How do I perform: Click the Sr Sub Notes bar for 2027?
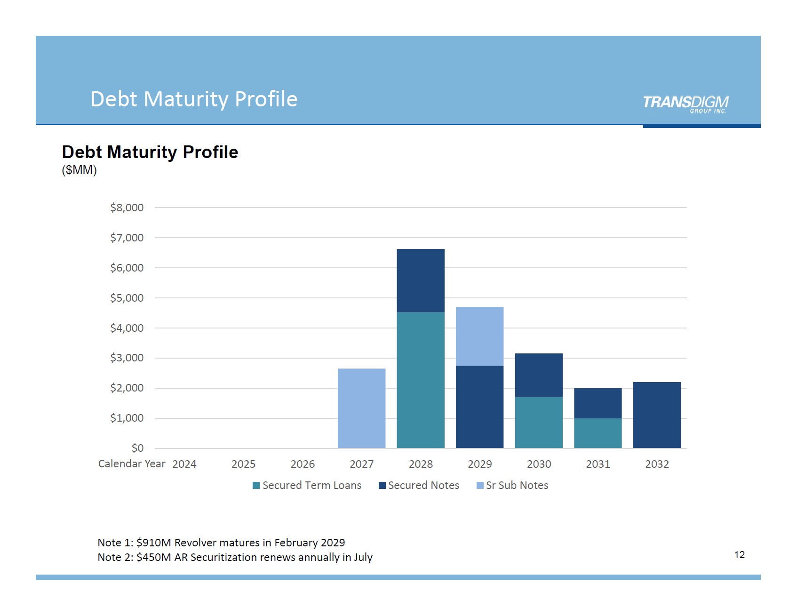(x=361, y=408)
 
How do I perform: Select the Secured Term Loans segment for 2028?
(x=421, y=380)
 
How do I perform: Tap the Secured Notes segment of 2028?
(x=421, y=280)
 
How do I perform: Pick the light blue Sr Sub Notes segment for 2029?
(x=479, y=336)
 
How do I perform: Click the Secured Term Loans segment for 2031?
(x=598, y=433)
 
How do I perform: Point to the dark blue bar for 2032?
(x=657, y=415)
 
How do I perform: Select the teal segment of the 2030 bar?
(x=539, y=422)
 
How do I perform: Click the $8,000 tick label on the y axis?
(x=127, y=208)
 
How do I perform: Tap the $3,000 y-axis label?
(x=127, y=358)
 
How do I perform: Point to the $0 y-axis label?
(x=137, y=448)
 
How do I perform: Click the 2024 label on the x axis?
(x=184, y=464)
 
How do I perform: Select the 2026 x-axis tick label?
(x=303, y=464)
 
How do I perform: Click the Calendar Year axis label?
(x=132, y=464)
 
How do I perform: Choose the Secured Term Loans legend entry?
(x=307, y=485)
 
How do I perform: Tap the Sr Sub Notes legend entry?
(x=512, y=485)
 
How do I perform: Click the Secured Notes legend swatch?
(x=382, y=485)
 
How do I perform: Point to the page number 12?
(x=739, y=555)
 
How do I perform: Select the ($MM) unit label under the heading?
(x=79, y=170)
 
